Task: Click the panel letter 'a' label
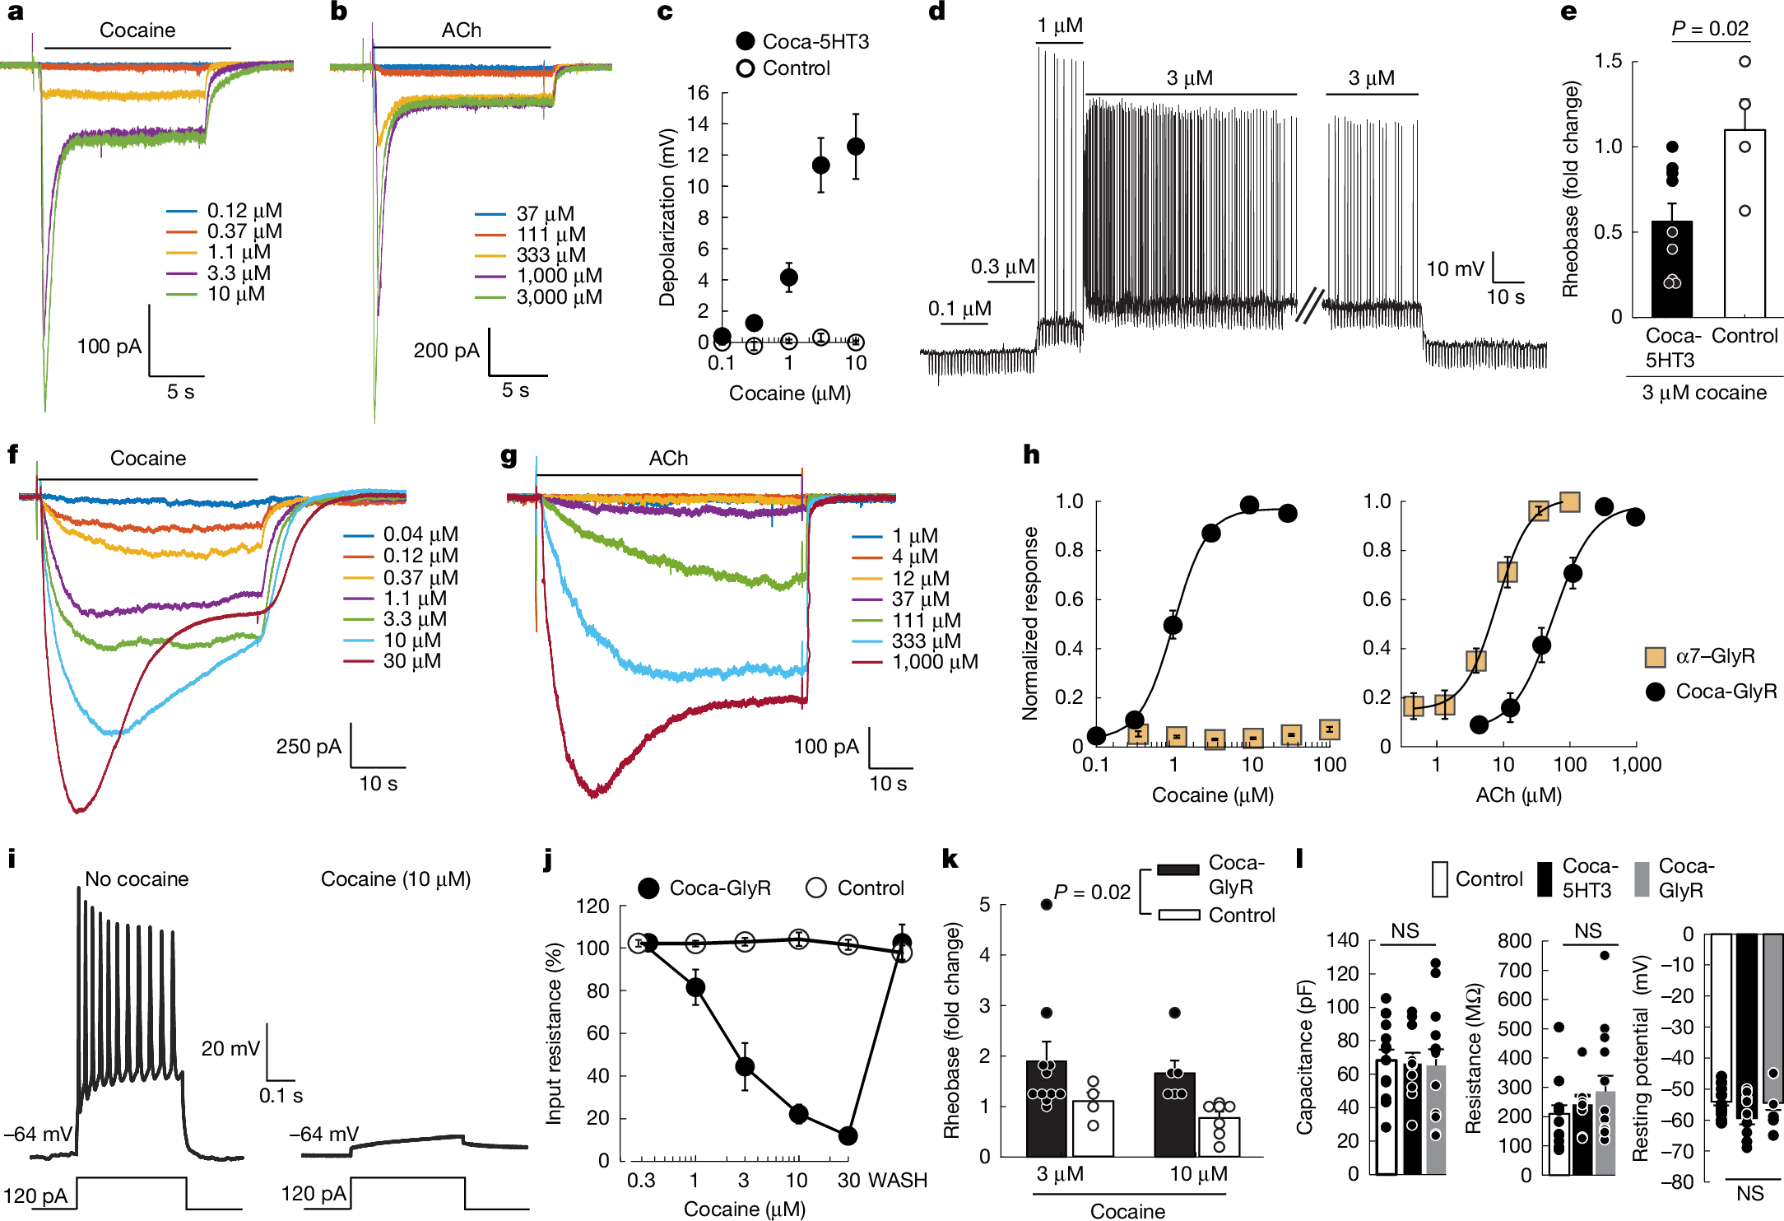coord(15,12)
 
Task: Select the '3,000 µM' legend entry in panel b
coord(559,297)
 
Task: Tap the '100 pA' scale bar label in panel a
coord(109,347)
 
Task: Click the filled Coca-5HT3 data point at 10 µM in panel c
coord(856,147)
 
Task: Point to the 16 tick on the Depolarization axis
coord(698,93)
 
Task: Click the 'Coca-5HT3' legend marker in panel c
coord(746,41)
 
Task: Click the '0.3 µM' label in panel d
coord(1002,267)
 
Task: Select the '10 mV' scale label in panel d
coord(1455,269)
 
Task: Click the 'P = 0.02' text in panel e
coord(1710,29)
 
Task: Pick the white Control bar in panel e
coord(1745,223)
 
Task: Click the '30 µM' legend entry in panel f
coord(411,661)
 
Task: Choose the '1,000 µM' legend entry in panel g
coord(935,662)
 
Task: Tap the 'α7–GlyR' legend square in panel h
coord(1655,657)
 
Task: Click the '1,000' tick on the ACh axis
coord(1637,765)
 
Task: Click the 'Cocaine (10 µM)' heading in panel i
coord(396,879)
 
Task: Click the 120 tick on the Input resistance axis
coord(592,906)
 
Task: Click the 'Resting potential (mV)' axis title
coord(1641,1058)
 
